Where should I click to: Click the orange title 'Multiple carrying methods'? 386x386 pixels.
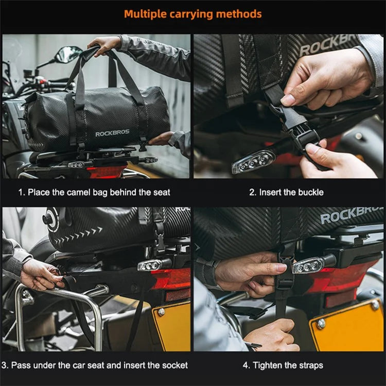point(193,14)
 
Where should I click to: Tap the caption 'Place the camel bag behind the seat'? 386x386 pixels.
point(99,192)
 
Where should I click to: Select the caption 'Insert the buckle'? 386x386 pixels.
point(291,192)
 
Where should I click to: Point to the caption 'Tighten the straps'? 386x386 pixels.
point(288,365)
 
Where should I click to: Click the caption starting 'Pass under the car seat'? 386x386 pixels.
point(99,365)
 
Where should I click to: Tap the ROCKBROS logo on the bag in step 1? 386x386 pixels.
point(112,133)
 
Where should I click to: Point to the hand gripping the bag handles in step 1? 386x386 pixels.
point(104,45)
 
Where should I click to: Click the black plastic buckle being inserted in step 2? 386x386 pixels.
point(295,126)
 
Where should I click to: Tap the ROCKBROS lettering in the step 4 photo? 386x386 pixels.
point(352,215)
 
